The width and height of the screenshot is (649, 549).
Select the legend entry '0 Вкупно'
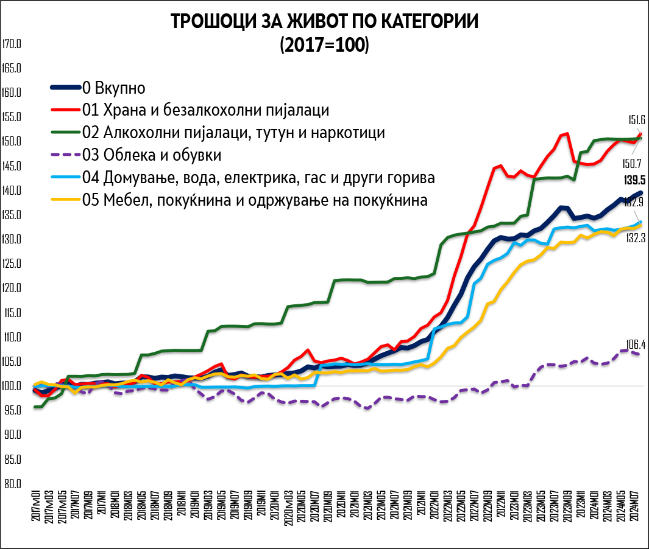point(113,88)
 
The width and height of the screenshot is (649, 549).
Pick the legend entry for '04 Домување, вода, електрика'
point(258,178)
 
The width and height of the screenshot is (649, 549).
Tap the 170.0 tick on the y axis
point(12,44)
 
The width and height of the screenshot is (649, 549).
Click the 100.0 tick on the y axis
point(12,386)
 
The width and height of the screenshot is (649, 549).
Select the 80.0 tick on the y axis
point(12,484)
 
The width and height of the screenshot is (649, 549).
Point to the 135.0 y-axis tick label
point(12,215)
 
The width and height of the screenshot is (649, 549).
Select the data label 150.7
point(632,163)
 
